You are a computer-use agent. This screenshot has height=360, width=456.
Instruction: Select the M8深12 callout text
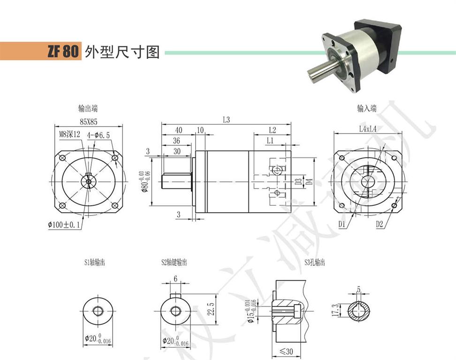coord(70,135)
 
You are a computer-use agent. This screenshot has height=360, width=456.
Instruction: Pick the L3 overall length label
coord(226,120)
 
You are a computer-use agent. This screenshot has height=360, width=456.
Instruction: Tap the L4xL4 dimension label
coord(367,129)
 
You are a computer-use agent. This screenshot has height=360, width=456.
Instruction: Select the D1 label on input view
coord(342,225)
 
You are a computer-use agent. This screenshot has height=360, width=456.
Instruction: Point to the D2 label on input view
coord(380,225)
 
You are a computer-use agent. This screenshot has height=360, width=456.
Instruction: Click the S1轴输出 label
coord(95,262)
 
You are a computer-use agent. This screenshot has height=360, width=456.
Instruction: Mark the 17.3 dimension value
coord(334,310)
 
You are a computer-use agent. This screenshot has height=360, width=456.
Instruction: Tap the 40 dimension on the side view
coord(178,130)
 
